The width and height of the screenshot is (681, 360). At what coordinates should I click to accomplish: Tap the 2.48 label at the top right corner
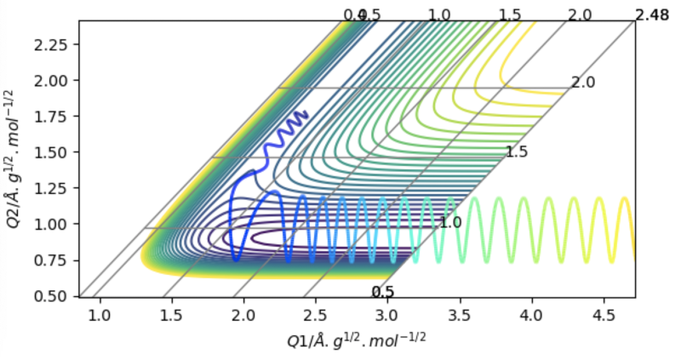652,14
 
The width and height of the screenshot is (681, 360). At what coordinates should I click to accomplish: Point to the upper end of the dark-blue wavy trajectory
306,112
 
